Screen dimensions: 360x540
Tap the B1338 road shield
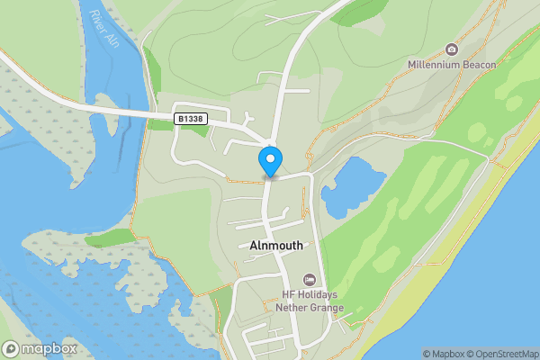click(x=189, y=118)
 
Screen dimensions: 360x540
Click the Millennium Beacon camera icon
click(x=452, y=49)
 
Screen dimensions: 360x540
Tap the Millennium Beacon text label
click(x=452, y=64)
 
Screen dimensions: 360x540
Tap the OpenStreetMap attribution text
click(x=498, y=354)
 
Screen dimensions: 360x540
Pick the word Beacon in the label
click(x=479, y=64)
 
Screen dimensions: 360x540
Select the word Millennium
click(x=435, y=64)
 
